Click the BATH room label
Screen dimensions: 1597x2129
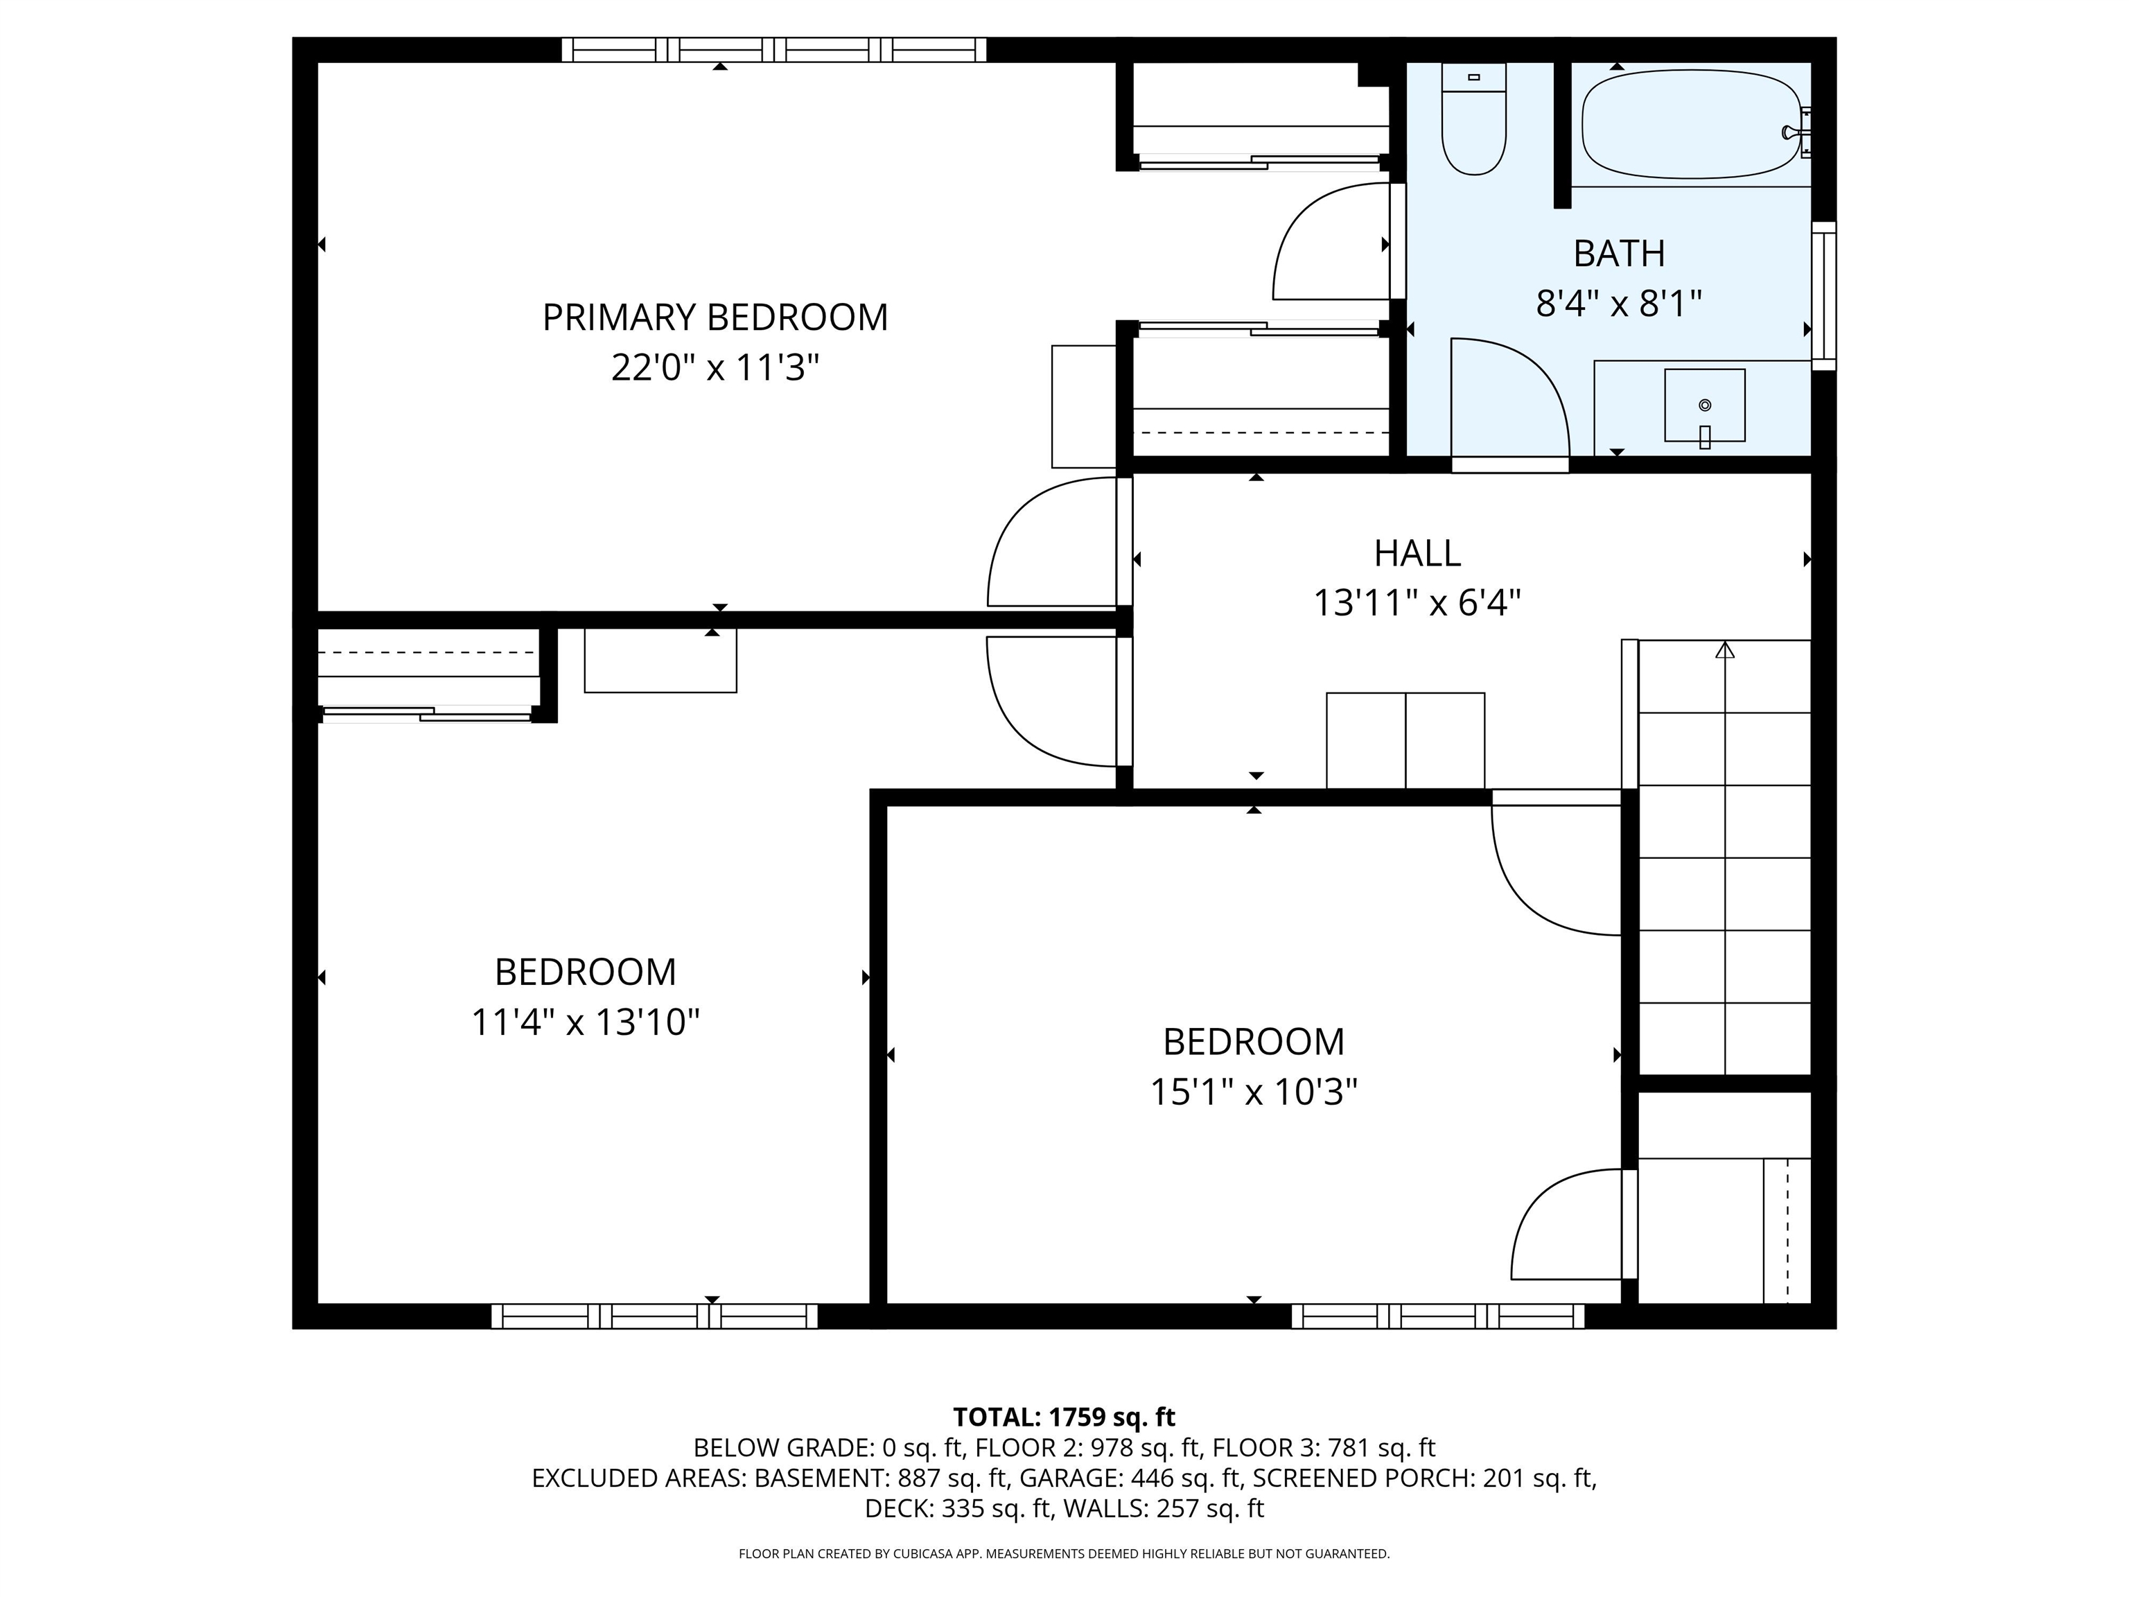pos(1619,253)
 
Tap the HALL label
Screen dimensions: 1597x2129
pos(1417,554)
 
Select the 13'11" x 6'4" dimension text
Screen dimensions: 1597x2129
pos(1417,604)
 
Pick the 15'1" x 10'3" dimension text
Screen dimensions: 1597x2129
pos(1253,1092)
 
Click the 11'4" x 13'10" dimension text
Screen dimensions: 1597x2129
pos(584,1022)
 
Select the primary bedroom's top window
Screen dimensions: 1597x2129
pos(774,49)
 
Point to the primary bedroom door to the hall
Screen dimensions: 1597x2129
pos(1054,544)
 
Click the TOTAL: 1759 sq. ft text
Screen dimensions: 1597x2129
pos(1064,1417)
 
